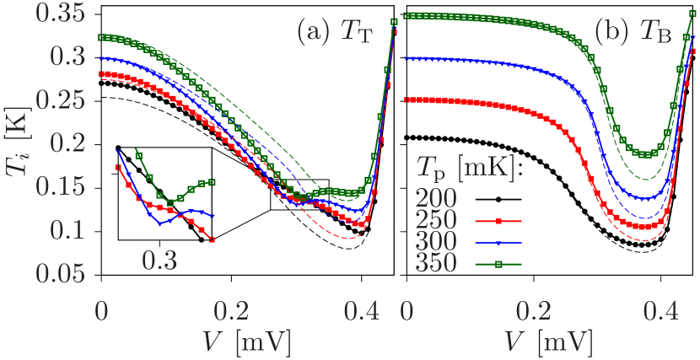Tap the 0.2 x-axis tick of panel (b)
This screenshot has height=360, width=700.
[x=533, y=311]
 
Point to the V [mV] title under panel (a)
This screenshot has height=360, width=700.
[x=246, y=341]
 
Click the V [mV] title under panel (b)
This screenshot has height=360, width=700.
[x=551, y=341]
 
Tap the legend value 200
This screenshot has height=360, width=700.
[x=435, y=199]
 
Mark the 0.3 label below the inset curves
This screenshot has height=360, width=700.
[x=159, y=261]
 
